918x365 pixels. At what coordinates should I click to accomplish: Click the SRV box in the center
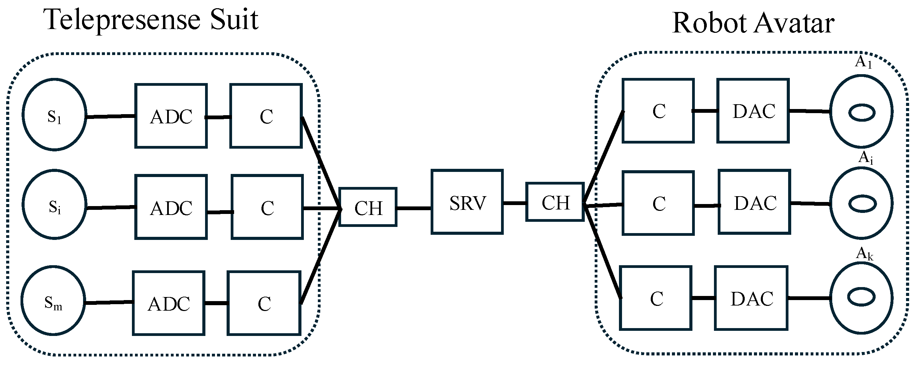467,202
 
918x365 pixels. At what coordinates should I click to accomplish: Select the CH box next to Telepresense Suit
368,207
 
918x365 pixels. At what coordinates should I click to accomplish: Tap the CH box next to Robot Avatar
555,202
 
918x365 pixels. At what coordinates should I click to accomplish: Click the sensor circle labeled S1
54,115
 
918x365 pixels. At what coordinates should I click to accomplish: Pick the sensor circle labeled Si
54,204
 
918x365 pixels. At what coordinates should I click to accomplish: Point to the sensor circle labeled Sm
53,300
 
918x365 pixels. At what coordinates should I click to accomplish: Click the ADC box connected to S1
171,116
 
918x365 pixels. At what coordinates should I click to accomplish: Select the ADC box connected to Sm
168,303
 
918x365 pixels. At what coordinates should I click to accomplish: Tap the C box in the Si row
267,207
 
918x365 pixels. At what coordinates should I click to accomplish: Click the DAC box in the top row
753,111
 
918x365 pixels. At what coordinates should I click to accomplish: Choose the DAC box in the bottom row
751,298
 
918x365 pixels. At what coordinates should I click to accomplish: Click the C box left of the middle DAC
658,203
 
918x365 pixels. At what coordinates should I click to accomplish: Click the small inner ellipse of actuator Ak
861,297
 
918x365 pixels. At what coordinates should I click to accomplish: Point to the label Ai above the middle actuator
865,157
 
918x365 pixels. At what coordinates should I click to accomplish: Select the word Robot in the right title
709,23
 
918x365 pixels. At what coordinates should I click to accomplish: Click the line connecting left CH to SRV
414,208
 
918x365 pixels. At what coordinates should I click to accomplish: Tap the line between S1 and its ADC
110,116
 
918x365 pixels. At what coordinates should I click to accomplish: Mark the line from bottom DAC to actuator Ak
809,298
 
